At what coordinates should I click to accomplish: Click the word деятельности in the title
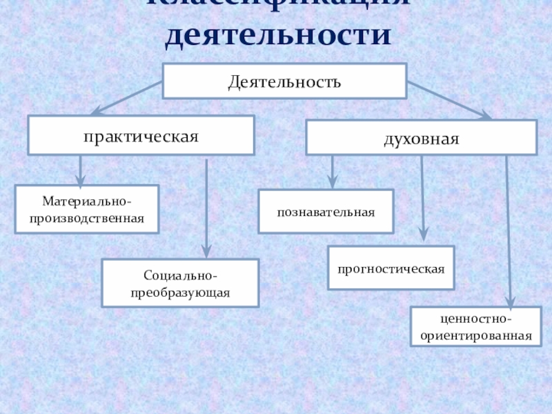(276, 36)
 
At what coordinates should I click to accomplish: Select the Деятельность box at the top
(284, 81)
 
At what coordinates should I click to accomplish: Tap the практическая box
(141, 135)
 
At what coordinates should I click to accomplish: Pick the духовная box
(421, 137)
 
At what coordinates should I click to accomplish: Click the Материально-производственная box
(87, 209)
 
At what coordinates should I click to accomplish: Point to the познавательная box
(326, 211)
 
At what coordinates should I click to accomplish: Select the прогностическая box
(391, 267)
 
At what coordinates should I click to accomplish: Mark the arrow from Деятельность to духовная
(448, 101)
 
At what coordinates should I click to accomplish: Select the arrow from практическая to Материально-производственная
(81, 170)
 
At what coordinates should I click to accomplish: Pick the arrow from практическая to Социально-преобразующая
(206, 207)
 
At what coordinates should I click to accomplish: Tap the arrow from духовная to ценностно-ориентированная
(509, 231)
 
